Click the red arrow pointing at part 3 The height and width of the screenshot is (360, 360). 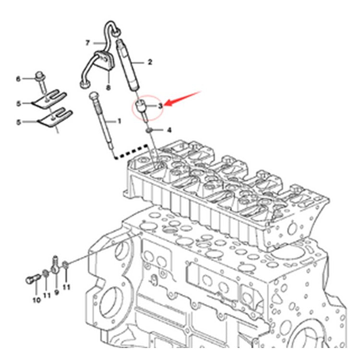(182, 97)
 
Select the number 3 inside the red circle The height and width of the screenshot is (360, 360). (160, 105)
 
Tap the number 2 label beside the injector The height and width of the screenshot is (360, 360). (150, 62)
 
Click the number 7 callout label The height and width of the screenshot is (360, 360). (88, 43)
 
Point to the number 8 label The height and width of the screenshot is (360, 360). (108, 87)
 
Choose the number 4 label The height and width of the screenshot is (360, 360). (169, 130)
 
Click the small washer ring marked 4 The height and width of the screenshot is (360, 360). (150, 129)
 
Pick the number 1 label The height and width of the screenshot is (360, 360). (120, 121)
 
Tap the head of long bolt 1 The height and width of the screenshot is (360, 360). (93, 95)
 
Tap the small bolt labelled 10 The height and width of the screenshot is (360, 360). (32, 278)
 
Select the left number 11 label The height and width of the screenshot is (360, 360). (47, 295)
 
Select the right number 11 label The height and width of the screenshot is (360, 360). (66, 287)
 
